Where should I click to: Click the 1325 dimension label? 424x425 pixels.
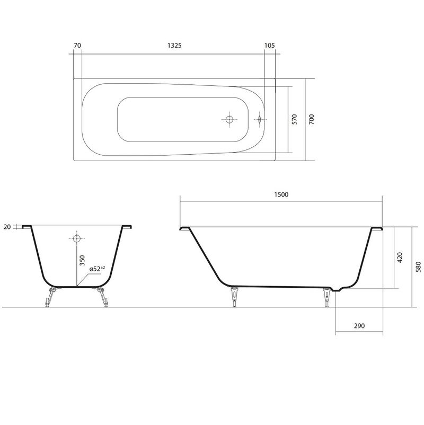coord(174,45)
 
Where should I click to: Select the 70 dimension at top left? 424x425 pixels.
coord(77,45)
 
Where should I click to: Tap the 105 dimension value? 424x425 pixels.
coord(269,45)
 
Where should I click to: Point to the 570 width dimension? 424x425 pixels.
coord(294,119)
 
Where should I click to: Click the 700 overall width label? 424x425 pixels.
coord(312,119)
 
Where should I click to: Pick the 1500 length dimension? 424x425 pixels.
coord(281,194)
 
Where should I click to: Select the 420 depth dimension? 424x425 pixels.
coord(400,258)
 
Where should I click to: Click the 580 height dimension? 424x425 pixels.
coord(418,267)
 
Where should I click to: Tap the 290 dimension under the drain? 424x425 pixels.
coord(359,325)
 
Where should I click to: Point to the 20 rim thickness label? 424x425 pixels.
coord(7,227)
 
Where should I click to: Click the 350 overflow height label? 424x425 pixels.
coord(82,260)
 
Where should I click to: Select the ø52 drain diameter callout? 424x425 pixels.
coord(97,269)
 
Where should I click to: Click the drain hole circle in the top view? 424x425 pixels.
coord(229,119)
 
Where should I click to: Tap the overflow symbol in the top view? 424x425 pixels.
coord(259,119)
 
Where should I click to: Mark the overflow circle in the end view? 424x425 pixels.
coord(77,239)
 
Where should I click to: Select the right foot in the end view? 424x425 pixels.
coord(102,297)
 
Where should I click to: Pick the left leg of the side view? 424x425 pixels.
coord(234,297)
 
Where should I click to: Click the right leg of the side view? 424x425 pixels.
coord(327,297)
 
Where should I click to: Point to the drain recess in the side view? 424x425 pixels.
coord(337,289)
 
